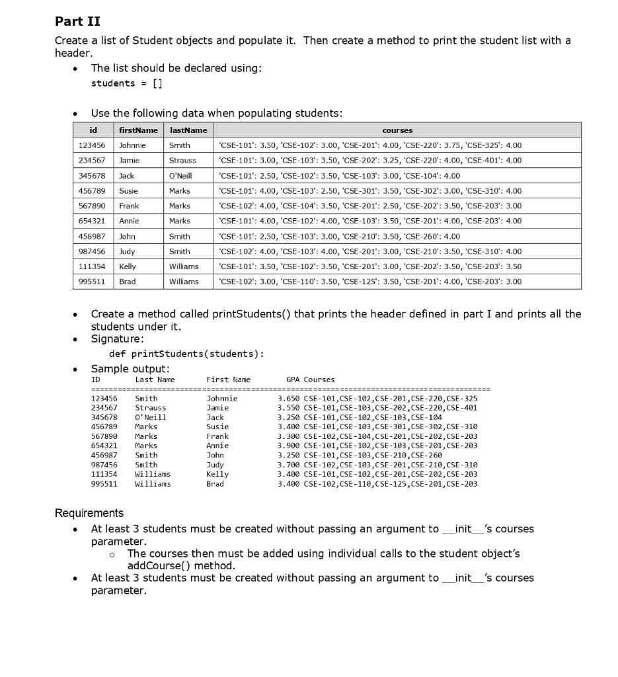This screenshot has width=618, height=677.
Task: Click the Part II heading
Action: (77, 22)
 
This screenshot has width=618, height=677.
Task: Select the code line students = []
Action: (126, 83)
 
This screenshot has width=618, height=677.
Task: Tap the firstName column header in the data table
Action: (138, 130)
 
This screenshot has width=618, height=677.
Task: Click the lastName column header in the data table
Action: (188, 130)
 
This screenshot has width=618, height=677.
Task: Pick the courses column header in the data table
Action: (397, 130)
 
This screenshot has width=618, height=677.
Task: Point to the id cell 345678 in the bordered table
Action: (93, 176)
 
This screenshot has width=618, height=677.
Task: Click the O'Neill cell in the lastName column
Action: (180, 176)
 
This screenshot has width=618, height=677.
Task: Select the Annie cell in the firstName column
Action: (129, 221)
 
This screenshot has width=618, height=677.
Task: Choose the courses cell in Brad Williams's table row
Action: (369, 282)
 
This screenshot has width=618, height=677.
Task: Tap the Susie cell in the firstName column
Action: (129, 191)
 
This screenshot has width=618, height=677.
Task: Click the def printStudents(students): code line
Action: (186, 354)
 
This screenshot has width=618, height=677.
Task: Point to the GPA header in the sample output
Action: (293, 379)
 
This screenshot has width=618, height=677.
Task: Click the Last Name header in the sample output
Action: (155, 379)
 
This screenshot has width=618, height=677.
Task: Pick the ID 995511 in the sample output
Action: (104, 484)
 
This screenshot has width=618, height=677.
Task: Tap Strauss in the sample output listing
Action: (150, 408)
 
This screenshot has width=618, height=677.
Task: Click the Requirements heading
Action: (89, 513)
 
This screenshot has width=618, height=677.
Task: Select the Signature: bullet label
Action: (117, 339)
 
